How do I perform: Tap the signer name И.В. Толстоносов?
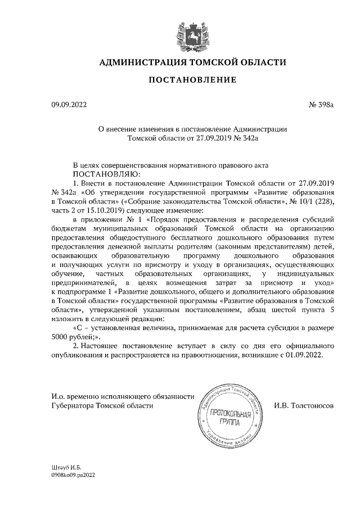click(304, 406)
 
